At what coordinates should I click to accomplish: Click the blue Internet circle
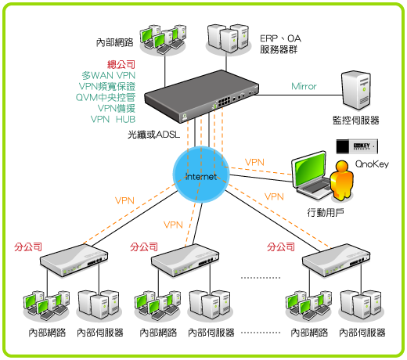[201, 175]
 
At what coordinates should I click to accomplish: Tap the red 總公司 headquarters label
[121, 64]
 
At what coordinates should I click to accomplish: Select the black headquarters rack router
[202, 96]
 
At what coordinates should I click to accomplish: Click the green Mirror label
[304, 86]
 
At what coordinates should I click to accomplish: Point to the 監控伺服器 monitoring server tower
[356, 90]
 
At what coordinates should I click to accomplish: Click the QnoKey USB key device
[357, 146]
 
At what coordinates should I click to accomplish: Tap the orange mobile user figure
[341, 180]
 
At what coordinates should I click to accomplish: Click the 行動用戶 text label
[326, 213]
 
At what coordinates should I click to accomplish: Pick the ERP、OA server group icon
[229, 38]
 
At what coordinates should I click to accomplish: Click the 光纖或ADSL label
[154, 135]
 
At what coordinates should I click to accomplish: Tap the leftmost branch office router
[74, 261]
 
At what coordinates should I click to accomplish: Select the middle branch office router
[185, 261]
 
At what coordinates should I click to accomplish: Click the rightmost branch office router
[337, 260]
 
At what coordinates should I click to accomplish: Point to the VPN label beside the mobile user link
[254, 162]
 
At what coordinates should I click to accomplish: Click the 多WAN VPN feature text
[109, 75]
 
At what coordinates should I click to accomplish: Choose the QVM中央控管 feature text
[106, 97]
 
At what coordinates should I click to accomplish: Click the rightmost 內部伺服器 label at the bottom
[362, 333]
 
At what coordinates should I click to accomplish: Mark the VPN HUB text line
[113, 119]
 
